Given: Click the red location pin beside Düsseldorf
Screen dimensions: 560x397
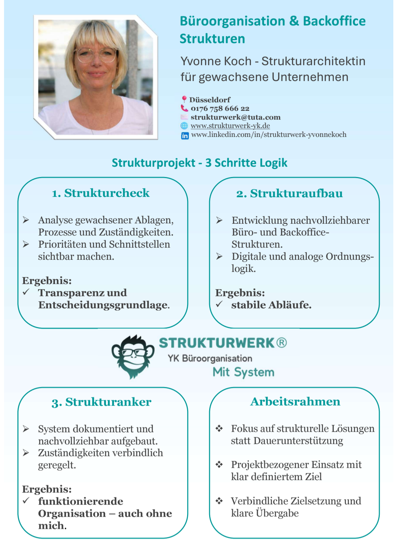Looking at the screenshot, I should (184, 99).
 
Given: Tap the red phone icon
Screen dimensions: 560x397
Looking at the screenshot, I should (184, 108).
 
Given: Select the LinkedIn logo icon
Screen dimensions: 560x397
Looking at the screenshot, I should (185, 136).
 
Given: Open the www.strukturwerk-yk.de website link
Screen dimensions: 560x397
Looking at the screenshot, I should (230, 126).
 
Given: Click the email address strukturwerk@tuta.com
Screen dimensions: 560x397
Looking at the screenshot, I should (235, 117).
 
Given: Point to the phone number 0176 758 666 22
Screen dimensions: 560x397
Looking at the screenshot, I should (220, 108).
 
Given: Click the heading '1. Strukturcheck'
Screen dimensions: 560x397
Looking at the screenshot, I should (101, 193).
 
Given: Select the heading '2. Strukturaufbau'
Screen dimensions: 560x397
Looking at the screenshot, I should (289, 193).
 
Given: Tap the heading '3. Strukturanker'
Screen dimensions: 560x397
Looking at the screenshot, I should (101, 402).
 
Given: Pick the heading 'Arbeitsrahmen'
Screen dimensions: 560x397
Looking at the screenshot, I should (295, 401).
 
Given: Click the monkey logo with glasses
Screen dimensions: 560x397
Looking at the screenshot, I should (133, 356).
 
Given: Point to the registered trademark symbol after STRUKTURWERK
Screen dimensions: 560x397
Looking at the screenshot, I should (282, 343).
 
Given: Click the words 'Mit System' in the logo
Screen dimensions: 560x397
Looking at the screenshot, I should (243, 372).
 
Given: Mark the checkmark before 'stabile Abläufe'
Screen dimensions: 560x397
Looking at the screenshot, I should (219, 304).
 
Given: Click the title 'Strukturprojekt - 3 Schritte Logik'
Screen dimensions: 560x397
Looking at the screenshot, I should (199, 163).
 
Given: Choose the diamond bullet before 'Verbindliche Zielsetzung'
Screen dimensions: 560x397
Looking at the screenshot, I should (219, 501).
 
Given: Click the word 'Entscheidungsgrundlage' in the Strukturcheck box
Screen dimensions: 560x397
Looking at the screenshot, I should (103, 305).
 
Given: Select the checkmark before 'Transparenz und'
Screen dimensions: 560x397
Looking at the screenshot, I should (26, 292).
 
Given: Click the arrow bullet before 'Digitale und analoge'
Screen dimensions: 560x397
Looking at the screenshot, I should (219, 256).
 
